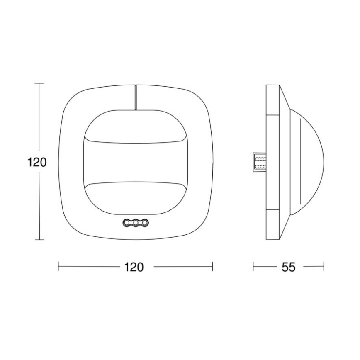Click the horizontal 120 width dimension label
134,267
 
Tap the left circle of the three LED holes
126,223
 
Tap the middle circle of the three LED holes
135,223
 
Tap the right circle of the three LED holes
144,223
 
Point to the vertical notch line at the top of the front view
135,97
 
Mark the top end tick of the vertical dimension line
39,83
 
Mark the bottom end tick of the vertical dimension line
39,240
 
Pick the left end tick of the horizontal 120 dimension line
58,267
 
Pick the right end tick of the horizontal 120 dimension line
212,267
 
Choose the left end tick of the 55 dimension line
253,267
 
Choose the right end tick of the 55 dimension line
324,267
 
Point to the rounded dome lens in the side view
309,162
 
